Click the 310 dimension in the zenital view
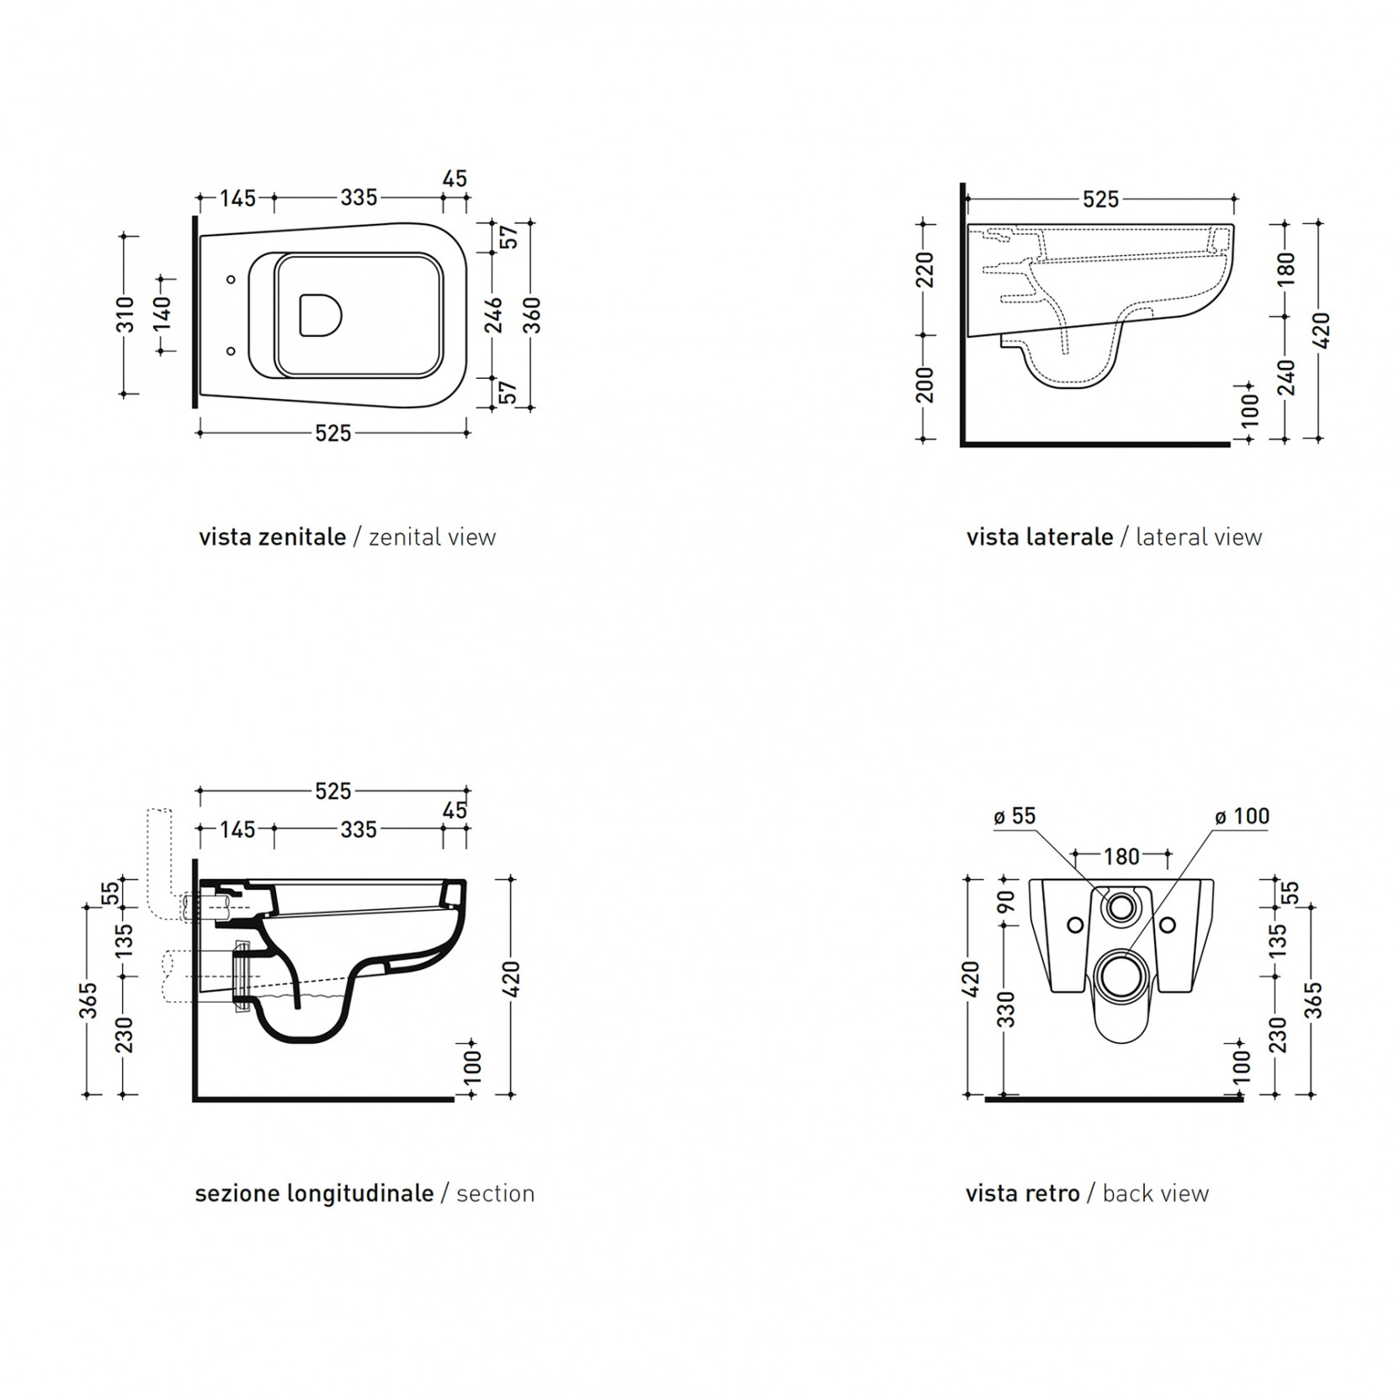pyautogui.click(x=125, y=314)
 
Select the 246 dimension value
pyautogui.click(x=496, y=314)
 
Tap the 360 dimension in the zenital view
pyautogui.click(x=532, y=315)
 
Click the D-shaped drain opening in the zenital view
pyautogui.click(x=321, y=315)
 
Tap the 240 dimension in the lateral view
pyautogui.click(x=1286, y=376)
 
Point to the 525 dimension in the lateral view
pyautogui.click(x=1100, y=200)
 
